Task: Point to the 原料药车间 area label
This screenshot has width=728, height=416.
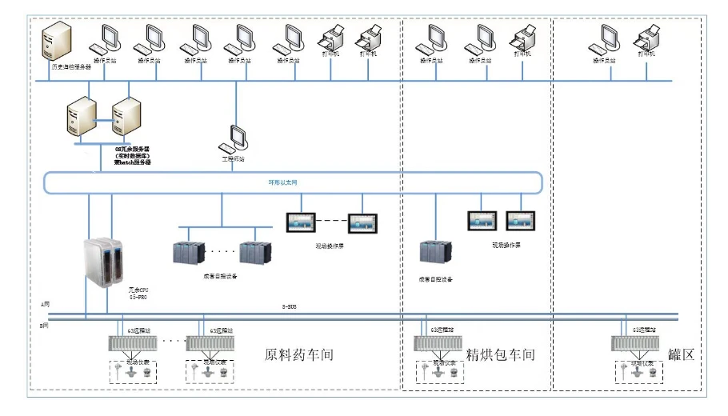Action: pos(298,354)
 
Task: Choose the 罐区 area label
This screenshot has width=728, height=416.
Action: pos(682,354)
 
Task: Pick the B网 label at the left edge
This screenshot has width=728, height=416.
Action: pos(46,326)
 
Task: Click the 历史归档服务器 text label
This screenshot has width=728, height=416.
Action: pos(71,67)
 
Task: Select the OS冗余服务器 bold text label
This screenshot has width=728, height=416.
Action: pos(132,154)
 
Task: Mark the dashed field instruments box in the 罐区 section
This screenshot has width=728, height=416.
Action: pos(641,370)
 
